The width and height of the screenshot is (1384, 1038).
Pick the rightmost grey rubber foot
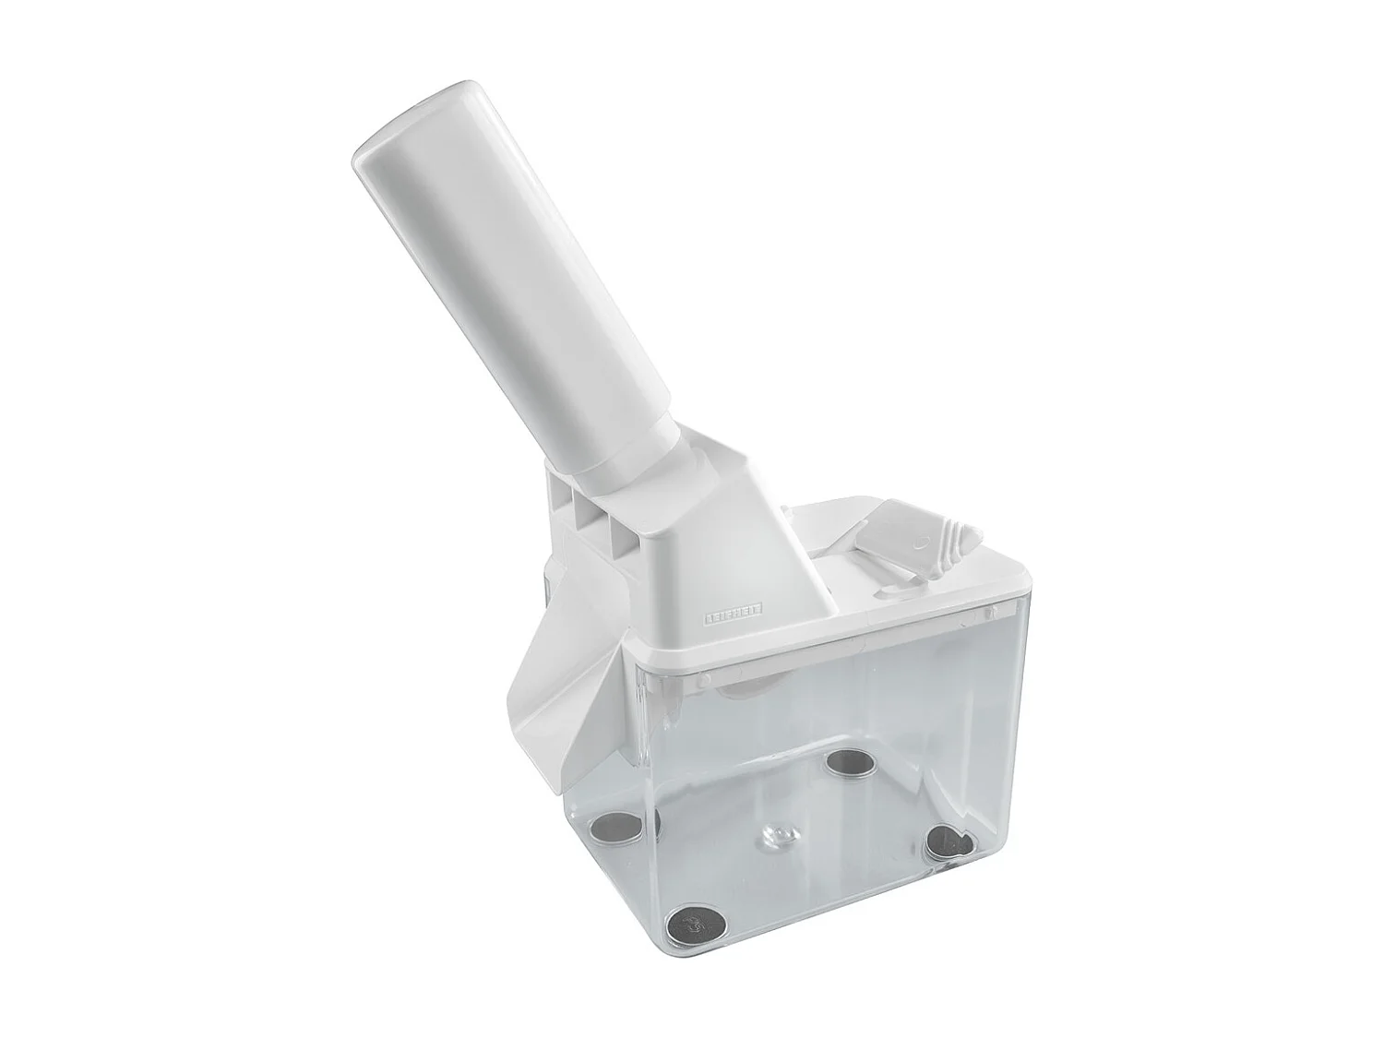950,840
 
